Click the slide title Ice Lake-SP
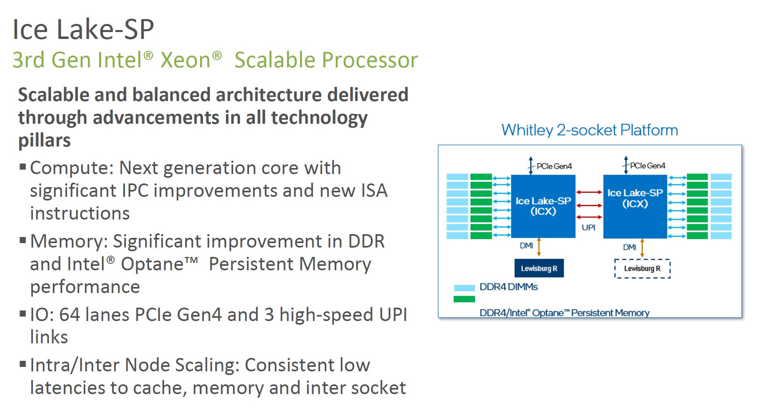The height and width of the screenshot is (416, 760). coord(83,29)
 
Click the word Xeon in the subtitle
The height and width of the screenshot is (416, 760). coord(186,60)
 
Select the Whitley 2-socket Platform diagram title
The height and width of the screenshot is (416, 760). coord(589,130)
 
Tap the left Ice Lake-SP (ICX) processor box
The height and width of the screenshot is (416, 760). coord(543,206)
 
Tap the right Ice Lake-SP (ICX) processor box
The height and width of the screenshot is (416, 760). coord(635,207)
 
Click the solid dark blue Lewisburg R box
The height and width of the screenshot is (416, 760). coord(539,269)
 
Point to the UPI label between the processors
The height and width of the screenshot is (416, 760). coord(589,227)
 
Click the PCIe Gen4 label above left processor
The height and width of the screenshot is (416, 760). coord(554,166)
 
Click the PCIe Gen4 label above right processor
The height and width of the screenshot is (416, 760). coord(647,166)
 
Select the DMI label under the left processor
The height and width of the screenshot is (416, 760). coord(526,246)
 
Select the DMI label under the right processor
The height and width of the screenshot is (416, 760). coord(630,247)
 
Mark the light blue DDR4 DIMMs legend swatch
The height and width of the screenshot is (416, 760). coord(464,288)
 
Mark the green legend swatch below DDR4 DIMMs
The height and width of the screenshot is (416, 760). coord(464,299)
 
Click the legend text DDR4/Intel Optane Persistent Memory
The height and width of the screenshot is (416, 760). coord(565,313)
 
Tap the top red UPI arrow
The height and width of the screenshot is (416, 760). coord(589,192)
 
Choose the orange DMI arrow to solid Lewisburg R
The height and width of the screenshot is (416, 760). coord(539,247)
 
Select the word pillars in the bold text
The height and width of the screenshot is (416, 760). coord(44,140)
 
